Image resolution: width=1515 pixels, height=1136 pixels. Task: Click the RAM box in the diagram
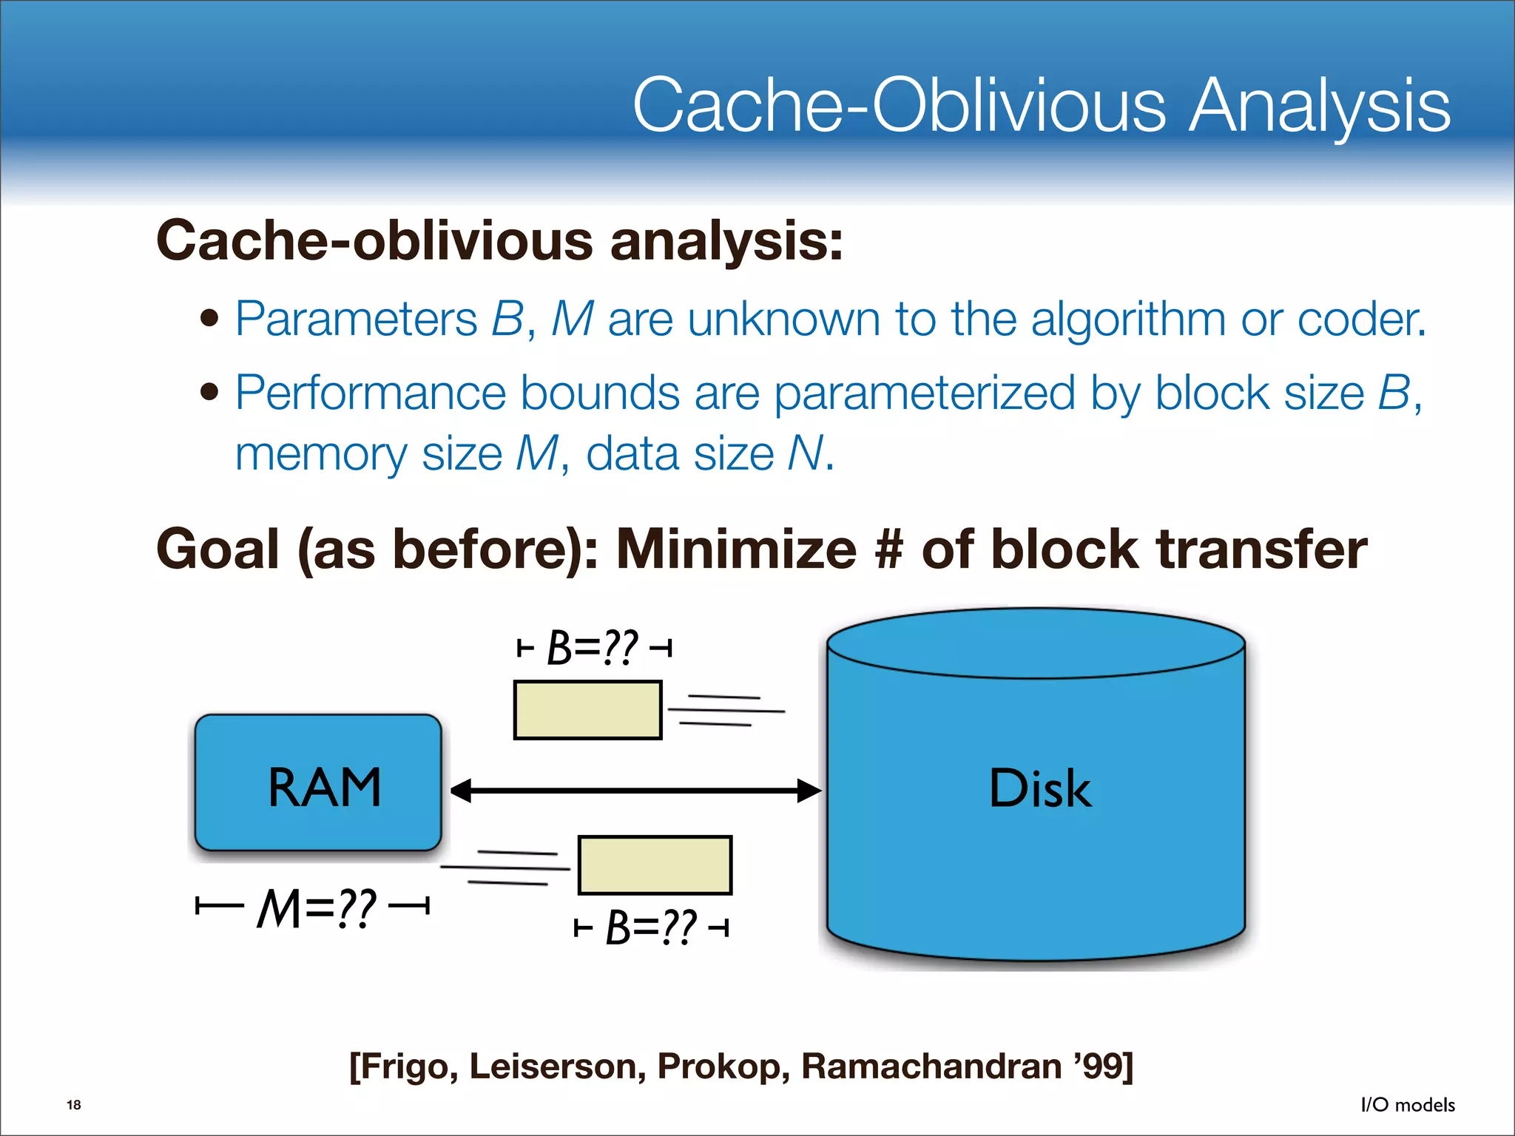point(318,784)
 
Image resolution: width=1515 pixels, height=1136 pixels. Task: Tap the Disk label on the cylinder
point(1039,788)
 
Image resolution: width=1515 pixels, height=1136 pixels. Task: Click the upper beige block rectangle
point(587,710)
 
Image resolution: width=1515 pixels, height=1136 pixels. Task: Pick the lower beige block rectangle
point(655,865)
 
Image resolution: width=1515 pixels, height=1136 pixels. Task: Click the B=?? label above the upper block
point(592,648)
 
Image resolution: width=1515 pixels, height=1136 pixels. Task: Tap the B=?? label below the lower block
point(651,927)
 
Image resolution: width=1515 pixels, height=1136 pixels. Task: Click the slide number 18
point(74,1105)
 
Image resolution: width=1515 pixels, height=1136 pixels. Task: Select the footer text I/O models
point(1408,1105)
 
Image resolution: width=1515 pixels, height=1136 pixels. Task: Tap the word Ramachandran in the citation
point(931,1066)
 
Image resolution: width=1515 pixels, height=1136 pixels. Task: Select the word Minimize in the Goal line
point(736,550)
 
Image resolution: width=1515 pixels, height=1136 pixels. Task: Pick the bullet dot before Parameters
point(210,319)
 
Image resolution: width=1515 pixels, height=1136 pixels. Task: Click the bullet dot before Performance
point(210,391)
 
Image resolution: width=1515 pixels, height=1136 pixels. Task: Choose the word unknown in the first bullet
point(783,319)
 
